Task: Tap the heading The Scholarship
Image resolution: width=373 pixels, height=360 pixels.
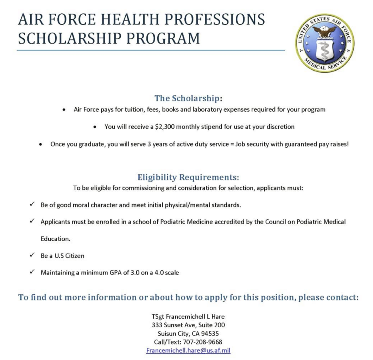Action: coord(187,98)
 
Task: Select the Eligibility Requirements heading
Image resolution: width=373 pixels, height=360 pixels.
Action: coord(188,177)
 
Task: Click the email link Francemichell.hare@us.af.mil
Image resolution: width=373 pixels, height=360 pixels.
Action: coord(188,351)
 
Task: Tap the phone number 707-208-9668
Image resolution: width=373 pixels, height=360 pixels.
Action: coord(203,342)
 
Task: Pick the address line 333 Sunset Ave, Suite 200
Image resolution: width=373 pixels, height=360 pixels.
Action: coord(188,325)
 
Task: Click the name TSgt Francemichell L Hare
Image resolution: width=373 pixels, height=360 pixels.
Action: coord(188,316)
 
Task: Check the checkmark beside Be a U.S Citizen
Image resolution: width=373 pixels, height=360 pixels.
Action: coord(32,256)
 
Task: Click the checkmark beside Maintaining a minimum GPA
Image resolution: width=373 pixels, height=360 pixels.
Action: coord(32,272)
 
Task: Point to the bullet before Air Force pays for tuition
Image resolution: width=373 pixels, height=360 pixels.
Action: coord(64,110)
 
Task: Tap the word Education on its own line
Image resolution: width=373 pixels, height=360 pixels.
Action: coord(55,239)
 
